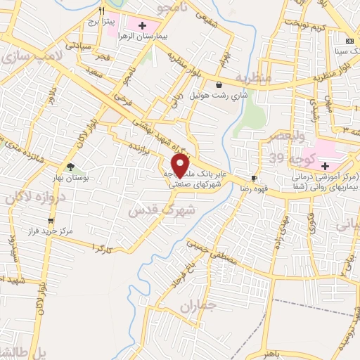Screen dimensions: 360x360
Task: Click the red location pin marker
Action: pos(181,166)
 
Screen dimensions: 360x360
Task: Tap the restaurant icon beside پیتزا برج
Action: pos(102,11)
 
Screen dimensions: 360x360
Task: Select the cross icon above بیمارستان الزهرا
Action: pos(143,25)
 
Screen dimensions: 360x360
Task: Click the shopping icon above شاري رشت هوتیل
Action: pos(219,85)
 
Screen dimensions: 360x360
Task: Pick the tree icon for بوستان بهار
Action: pos(70,167)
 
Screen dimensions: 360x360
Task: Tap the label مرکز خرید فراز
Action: pos(48,231)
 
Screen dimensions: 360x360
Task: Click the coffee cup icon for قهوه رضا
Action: pos(254,179)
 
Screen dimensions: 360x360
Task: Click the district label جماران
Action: pos(196,307)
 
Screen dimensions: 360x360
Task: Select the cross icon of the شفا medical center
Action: pos(325,165)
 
